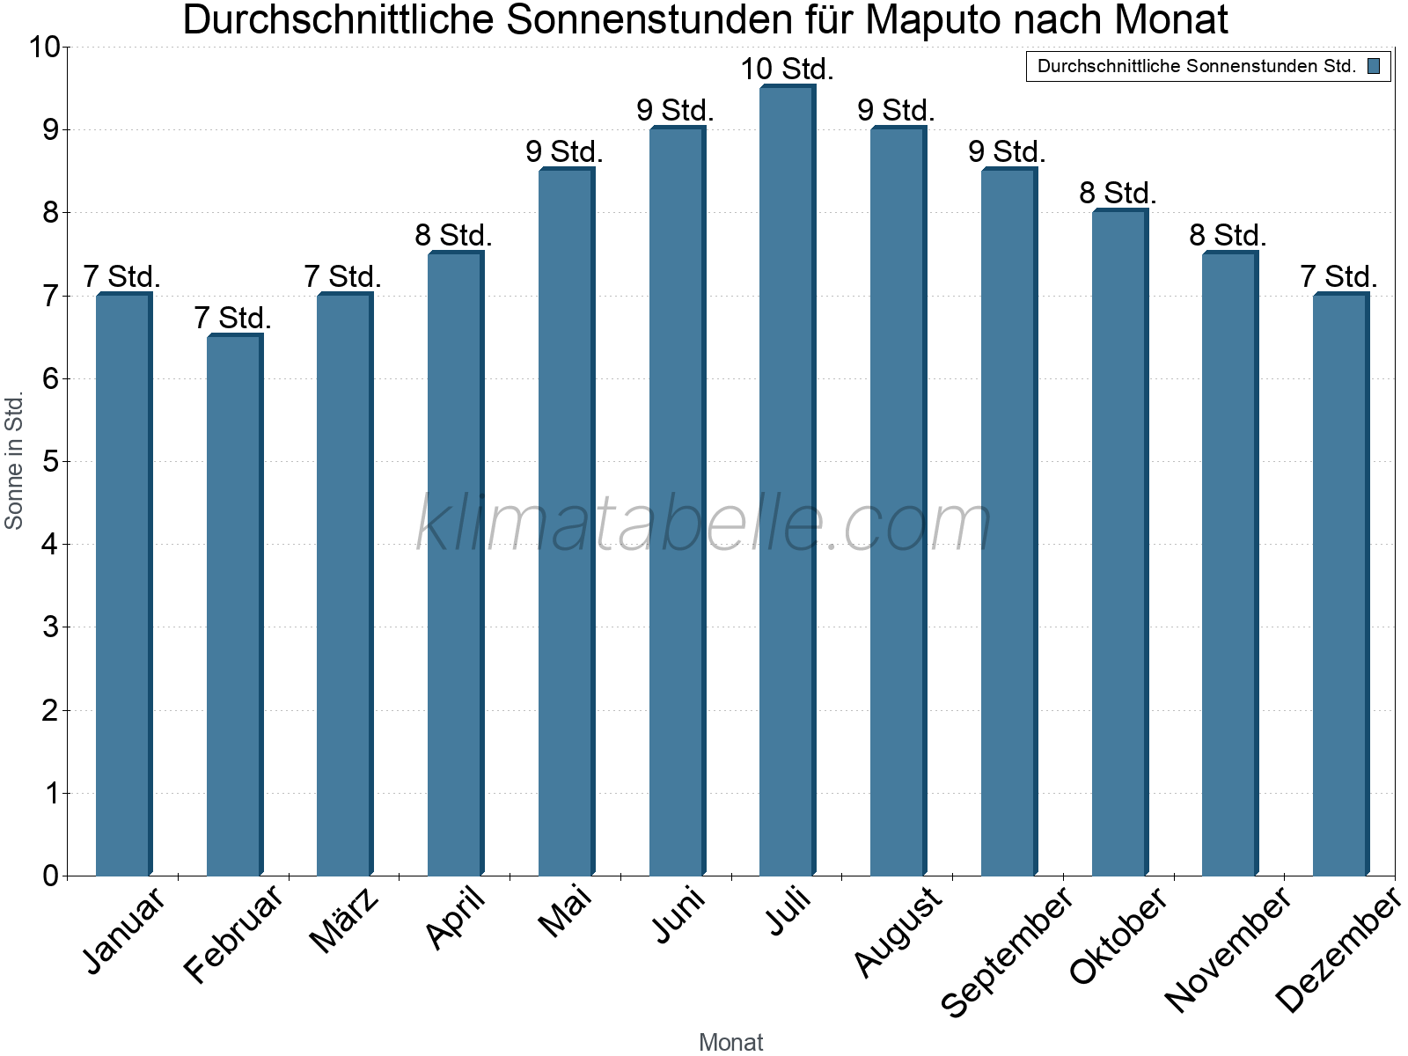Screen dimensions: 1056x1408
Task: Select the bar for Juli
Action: (787, 480)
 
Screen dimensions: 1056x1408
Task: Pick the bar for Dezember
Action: (1339, 584)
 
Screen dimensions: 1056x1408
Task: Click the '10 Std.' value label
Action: (787, 69)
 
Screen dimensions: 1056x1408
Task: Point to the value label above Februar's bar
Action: (233, 318)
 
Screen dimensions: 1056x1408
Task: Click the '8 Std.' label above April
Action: (454, 235)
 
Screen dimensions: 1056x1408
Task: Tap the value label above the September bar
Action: (1007, 151)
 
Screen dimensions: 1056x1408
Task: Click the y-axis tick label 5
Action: (50, 461)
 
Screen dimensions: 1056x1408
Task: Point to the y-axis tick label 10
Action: (43, 47)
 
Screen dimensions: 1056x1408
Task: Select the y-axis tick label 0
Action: (50, 876)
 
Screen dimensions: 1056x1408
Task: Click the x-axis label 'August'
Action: (898, 932)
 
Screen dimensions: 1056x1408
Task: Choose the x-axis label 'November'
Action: (1228, 950)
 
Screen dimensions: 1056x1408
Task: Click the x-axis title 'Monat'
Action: (730, 1042)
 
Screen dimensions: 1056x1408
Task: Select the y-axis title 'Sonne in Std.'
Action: (13, 461)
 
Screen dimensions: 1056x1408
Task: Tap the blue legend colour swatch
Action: (1374, 66)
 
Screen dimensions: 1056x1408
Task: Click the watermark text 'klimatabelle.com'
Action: (703, 523)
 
